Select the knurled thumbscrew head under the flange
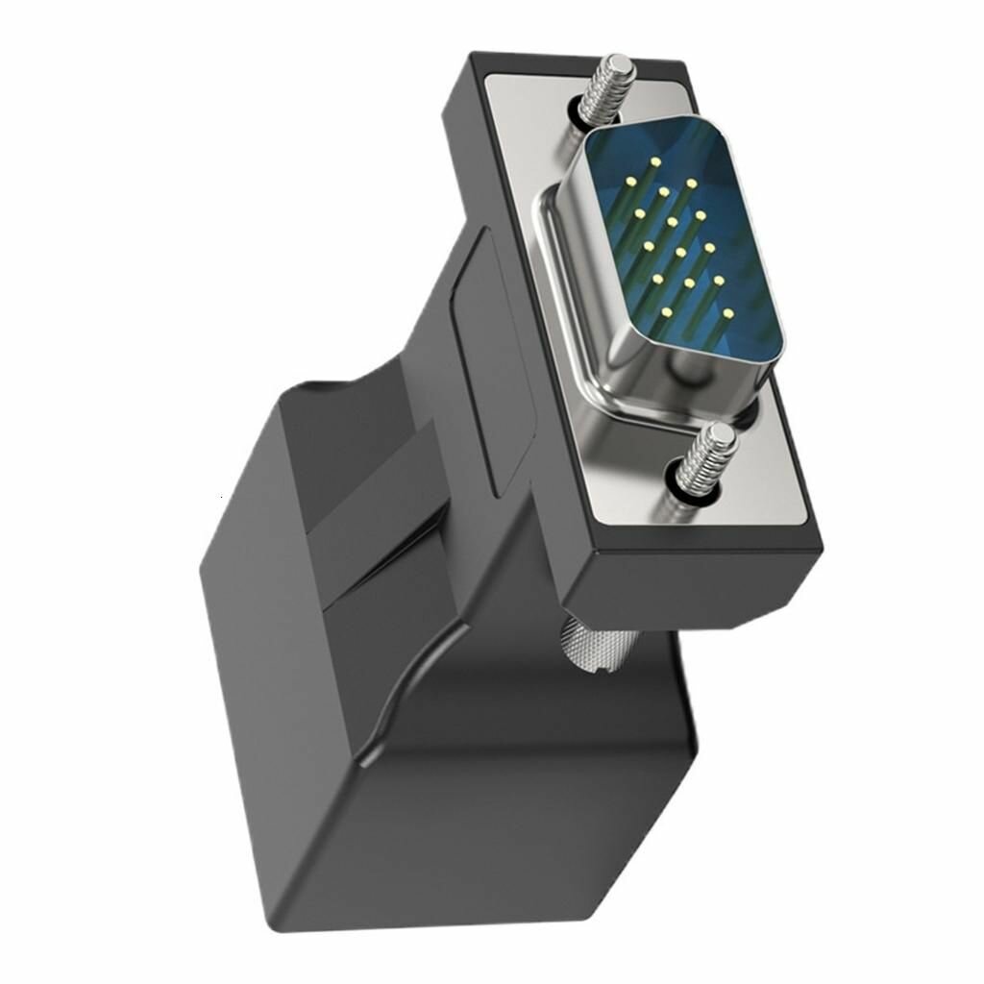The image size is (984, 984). tap(592, 643)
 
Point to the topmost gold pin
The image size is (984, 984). tap(655, 161)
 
